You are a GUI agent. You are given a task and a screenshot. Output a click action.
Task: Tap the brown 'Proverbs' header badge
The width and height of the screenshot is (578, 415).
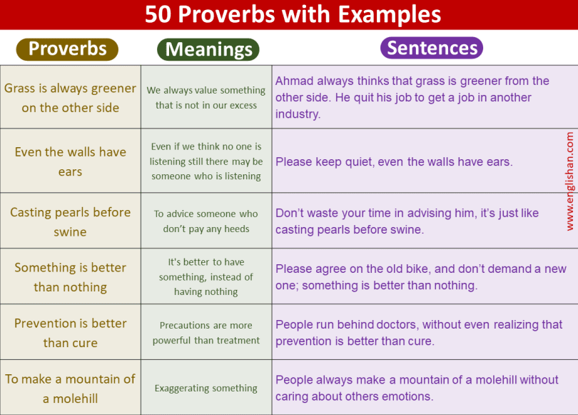[67, 49]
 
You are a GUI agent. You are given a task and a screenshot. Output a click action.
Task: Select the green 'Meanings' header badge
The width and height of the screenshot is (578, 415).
[208, 49]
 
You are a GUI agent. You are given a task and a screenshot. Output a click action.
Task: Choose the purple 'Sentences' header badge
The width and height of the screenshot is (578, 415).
[432, 48]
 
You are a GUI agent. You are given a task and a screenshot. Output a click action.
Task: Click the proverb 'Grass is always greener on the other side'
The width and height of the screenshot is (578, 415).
[70, 98]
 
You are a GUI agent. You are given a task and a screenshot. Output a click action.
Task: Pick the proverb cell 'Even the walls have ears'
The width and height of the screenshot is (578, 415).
[70, 161]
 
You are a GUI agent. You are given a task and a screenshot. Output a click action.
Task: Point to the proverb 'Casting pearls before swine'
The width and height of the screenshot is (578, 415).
[70, 221]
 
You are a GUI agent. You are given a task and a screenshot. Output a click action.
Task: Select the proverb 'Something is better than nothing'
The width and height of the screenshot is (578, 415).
[70, 277]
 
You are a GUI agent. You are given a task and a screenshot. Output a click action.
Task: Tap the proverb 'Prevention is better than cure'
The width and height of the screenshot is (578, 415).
[70, 333]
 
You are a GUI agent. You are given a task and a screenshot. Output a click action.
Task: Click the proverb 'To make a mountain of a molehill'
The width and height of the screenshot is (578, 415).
[70, 389]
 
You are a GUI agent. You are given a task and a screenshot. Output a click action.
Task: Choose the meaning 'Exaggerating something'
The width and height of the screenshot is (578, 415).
[206, 389]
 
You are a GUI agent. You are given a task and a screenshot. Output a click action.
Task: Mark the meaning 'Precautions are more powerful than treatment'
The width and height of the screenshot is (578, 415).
[206, 333]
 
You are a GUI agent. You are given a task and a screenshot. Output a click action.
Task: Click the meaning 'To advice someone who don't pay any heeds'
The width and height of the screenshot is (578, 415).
[206, 221]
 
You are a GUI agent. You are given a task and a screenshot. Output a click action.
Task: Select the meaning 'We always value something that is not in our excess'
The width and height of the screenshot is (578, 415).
[206, 98]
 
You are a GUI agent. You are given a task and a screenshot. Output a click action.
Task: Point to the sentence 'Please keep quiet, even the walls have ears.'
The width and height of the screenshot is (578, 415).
[394, 162]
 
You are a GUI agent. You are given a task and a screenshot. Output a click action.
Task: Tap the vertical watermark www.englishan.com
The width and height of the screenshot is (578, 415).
[569, 181]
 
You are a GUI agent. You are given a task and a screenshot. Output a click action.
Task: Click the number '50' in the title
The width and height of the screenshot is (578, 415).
[158, 14]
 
